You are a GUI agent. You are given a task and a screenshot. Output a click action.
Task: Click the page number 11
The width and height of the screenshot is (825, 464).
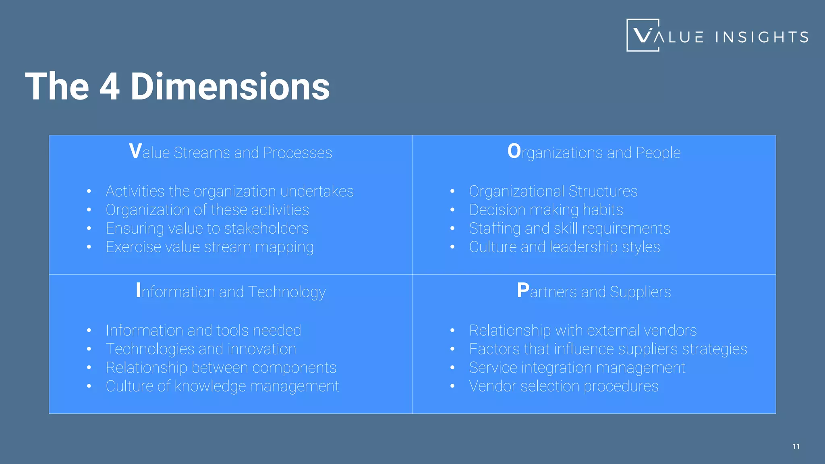click(796, 446)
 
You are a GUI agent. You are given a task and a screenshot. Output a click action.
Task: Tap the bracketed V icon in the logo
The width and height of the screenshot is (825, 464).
click(643, 35)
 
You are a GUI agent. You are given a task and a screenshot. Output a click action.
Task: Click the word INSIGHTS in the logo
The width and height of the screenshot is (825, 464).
click(762, 37)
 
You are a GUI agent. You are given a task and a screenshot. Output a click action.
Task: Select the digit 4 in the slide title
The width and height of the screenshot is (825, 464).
click(110, 87)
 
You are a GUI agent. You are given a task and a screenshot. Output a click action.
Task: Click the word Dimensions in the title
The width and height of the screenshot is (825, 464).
click(230, 87)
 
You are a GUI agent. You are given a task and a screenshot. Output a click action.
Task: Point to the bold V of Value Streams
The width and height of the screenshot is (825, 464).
click(135, 152)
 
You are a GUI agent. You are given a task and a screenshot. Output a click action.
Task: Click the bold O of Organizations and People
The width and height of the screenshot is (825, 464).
click(514, 152)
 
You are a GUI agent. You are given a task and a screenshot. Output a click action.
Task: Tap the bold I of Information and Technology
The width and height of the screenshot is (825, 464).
click(139, 291)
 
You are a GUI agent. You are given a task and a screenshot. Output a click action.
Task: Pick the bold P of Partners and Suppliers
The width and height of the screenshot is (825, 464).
click(523, 291)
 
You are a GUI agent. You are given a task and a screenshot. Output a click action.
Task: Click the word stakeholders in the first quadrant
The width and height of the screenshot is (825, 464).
click(266, 228)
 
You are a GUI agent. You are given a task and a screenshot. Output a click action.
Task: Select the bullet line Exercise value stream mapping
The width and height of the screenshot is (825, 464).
click(209, 247)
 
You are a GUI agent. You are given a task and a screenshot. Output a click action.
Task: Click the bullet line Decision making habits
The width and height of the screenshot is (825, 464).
click(546, 210)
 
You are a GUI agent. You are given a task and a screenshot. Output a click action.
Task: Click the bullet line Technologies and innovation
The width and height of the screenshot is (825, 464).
click(201, 349)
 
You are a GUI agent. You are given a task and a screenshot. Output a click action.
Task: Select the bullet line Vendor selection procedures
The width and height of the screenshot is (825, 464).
click(564, 386)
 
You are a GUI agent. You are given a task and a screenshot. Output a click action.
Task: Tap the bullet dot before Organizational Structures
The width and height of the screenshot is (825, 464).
click(452, 191)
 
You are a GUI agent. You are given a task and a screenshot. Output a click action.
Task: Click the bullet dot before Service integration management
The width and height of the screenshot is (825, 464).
click(452, 368)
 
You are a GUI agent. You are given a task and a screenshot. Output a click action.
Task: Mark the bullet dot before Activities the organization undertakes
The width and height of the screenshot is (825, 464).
click(89, 191)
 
